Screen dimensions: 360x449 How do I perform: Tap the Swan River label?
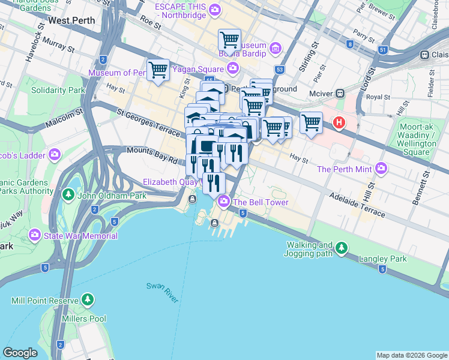point(163,292)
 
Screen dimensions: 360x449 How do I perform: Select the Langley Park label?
point(382,259)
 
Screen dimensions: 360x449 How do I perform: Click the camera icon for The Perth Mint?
point(380,169)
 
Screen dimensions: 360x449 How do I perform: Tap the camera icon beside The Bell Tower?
point(224,202)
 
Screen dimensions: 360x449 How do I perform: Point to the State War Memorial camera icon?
point(35,235)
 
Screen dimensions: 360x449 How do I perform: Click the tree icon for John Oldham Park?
point(68,194)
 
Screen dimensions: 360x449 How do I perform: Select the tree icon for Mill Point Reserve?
point(88,299)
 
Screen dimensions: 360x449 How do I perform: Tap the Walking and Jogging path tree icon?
point(342,247)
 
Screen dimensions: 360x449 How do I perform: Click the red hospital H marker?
point(339,123)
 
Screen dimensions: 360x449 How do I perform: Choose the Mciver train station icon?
point(340,94)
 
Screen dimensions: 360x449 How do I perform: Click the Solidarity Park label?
point(58,90)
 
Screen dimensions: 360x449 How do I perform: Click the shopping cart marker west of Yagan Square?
point(158,70)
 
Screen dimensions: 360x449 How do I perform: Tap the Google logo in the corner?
point(20,353)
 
